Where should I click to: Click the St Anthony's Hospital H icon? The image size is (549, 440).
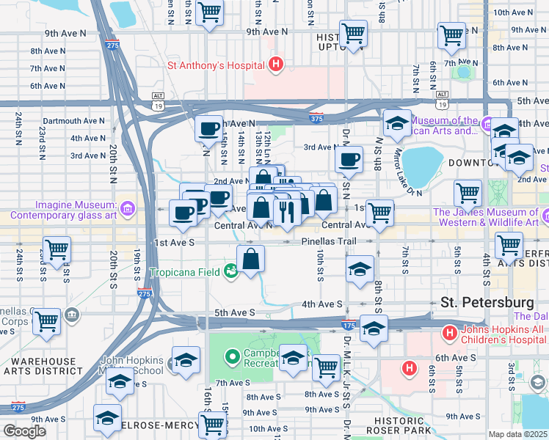click(276, 65)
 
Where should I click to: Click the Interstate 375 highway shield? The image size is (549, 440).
click(316, 117)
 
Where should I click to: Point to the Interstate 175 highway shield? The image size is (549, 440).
click(349, 323)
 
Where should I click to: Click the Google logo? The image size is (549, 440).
click(24, 431)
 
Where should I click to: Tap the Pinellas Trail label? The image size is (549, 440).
click(328, 241)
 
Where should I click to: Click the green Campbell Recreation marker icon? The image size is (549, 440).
click(233, 358)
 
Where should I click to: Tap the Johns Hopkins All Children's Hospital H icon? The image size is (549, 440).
click(449, 334)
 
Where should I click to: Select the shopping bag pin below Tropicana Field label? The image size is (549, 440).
click(250, 259)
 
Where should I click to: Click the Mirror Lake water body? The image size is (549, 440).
click(418, 166)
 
